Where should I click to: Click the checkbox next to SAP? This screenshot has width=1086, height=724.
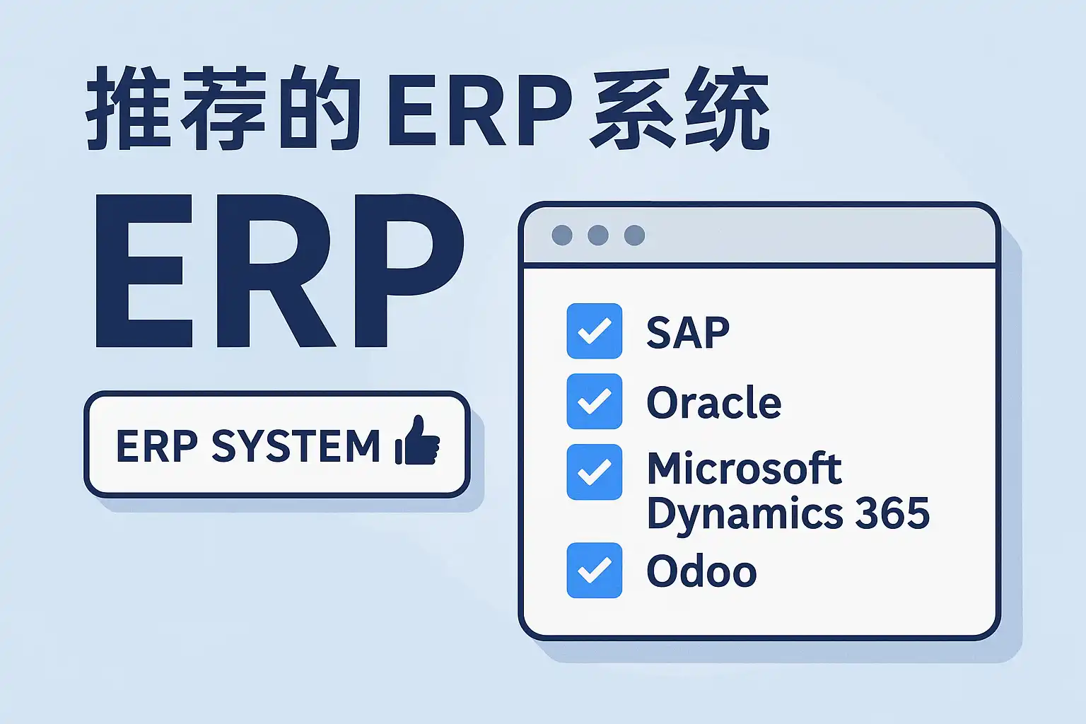tap(595, 331)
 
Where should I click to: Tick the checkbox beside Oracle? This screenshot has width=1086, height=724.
tap(595, 402)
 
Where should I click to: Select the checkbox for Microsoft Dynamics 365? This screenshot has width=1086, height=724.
tap(595, 472)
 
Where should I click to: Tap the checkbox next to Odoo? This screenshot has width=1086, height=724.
tap(595, 571)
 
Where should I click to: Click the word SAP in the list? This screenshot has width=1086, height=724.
tap(688, 332)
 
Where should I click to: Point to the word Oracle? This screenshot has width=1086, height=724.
tap(714, 402)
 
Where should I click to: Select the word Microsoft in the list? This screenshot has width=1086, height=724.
tap(745, 468)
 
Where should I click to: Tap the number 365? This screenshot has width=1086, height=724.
tap(892, 513)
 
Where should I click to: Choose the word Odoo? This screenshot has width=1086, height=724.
tap(701, 571)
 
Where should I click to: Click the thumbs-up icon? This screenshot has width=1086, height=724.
tap(417, 440)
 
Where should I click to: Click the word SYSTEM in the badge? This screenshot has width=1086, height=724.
tap(296, 445)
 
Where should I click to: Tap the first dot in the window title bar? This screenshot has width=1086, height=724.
tap(562, 235)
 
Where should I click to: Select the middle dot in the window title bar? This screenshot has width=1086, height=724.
tap(598, 235)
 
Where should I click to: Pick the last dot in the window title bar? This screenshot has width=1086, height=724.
tap(635, 235)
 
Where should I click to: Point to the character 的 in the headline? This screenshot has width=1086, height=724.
tap(320, 107)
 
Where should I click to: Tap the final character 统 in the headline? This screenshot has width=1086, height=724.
tap(728, 107)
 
